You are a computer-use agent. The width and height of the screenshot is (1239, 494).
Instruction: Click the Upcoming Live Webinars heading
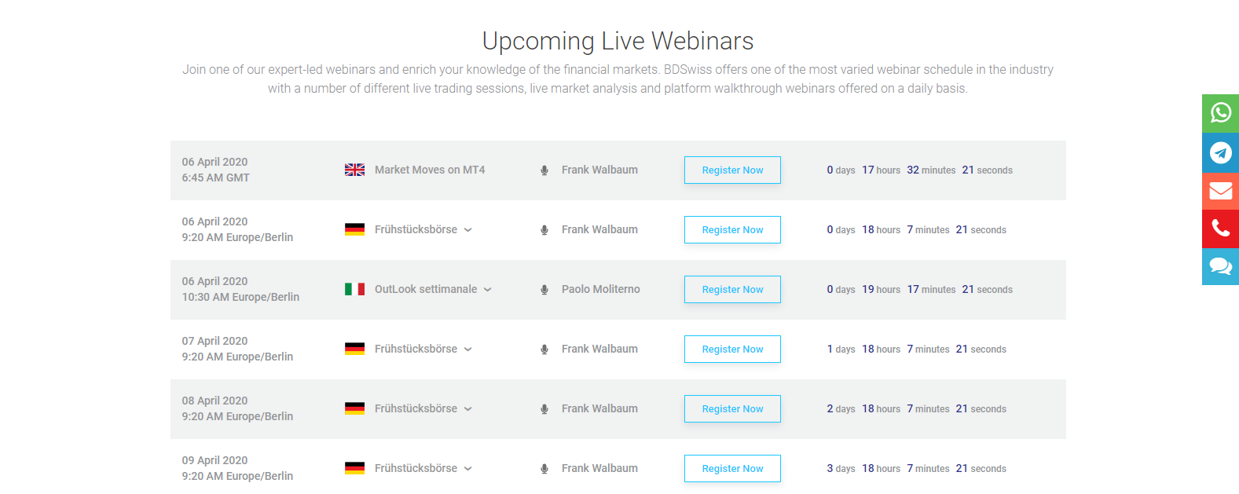pos(618,41)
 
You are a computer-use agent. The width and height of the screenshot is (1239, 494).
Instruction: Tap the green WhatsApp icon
pos(1220,113)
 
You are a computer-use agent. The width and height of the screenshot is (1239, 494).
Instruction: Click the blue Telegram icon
pos(1220,152)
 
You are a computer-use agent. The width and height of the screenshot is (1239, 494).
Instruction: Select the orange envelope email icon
pos(1220,191)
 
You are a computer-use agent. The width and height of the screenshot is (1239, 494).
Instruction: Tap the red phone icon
pos(1220,229)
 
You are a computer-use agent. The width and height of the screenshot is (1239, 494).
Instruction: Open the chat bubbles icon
pos(1220,266)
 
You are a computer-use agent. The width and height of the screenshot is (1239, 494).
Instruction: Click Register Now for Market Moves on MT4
pos(732,170)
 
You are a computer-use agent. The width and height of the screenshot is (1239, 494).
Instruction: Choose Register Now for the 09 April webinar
pos(732,469)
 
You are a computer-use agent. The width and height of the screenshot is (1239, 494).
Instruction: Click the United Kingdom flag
pos(354,170)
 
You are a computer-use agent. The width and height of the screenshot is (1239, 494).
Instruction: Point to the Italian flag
pos(354,289)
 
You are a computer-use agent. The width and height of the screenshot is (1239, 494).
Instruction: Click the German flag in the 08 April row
pos(354,408)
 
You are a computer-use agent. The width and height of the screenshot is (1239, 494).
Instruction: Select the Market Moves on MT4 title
pos(430,170)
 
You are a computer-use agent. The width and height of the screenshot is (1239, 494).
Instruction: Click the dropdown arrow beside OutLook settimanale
pos(488,290)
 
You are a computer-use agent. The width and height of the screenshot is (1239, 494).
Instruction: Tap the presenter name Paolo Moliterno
pos(600,289)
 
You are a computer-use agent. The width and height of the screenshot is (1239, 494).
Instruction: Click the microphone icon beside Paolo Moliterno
pos(544,290)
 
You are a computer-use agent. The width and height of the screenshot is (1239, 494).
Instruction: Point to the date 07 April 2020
pos(214,341)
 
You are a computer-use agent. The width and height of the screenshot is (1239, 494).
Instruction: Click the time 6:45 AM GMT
pos(215,177)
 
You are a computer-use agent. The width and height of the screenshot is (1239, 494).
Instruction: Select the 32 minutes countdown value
pos(931,170)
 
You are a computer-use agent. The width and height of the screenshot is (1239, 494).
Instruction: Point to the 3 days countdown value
pos(841,468)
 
